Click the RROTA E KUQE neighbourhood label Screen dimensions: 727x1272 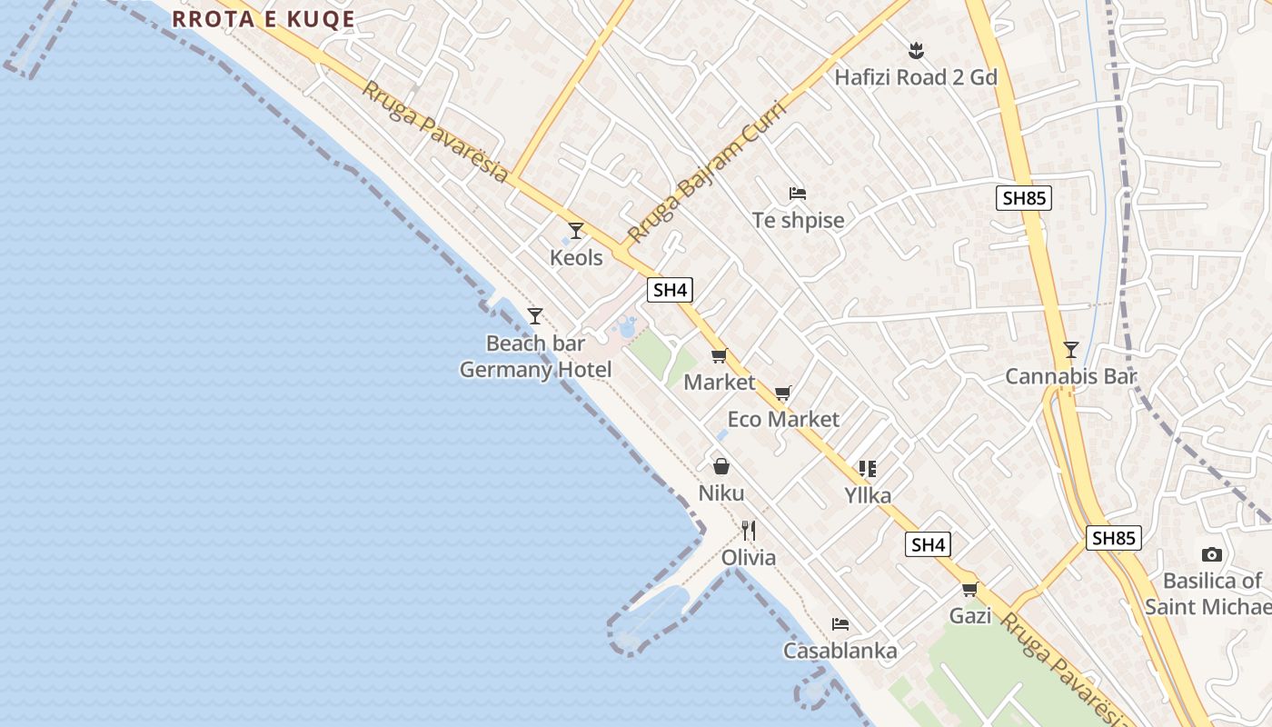[x=263, y=19]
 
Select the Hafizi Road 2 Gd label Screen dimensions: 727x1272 [x=916, y=77]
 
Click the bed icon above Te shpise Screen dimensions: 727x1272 [x=798, y=194]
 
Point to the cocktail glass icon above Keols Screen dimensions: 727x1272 [x=575, y=231]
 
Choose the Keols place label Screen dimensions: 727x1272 [x=576, y=258]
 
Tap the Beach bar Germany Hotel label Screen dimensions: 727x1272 [x=535, y=357]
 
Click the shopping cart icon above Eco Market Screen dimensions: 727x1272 [x=783, y=393]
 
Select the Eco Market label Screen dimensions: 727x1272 [x=783, y=419]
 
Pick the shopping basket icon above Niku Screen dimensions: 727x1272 [x=721, y=467]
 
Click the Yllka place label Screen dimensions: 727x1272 [x=868, y=495]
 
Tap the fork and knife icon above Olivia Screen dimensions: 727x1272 [x=749, y=531]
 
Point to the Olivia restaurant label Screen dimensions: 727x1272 [x=749, y=557]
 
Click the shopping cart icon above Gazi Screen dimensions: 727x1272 [x=969, y=589]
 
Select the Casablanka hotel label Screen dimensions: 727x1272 [x=840, y=651]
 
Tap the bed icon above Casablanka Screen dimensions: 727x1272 [x=840, y=624]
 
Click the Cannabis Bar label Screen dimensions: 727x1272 [x=1070, y=376]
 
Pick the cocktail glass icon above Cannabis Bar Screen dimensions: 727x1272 [x=1071, y=350]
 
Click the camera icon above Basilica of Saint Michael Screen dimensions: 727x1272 [x=1211, y=554]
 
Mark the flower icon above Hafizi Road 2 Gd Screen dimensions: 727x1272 [x=916, y=50]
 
